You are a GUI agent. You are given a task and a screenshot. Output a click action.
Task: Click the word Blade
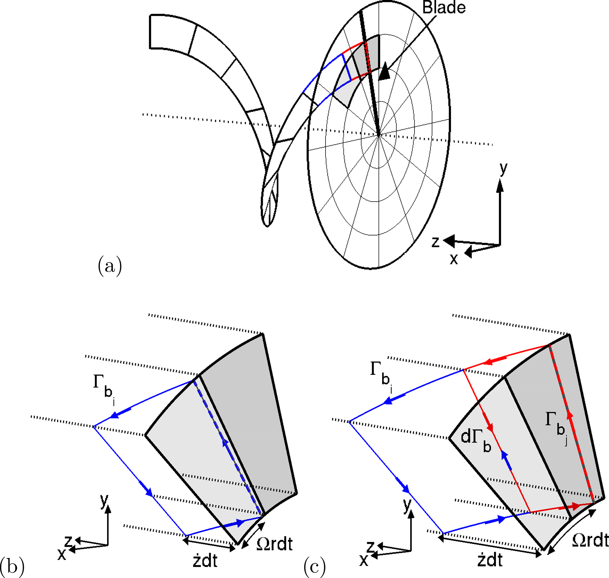(x=443, y=8)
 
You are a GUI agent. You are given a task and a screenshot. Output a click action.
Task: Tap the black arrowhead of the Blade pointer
(x=384, y=72)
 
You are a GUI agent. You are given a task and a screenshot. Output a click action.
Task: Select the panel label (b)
(x=12, y=566)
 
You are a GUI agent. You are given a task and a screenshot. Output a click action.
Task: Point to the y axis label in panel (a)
(x=503, y=169)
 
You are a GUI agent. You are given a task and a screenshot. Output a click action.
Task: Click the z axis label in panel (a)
(x=435, y=242)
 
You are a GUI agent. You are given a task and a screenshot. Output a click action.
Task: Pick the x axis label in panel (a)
(x=454, y=260)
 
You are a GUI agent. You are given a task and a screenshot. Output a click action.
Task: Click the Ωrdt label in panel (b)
(x=274, y=544)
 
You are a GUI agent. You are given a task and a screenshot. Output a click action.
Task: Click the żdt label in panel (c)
(x=490, y=559)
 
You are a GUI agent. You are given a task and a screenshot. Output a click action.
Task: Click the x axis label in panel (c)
(x=364, y=560)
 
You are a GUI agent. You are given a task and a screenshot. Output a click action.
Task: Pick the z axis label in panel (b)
(x=68, y=541)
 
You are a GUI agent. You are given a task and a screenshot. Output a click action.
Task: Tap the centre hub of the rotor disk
(x=379, y=135)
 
